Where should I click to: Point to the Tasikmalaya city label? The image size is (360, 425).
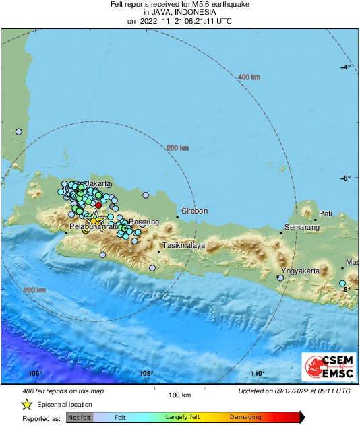pos(183,246)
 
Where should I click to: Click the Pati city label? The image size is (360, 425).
pos(326,213)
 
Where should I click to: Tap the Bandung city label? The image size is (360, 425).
pos(144,222)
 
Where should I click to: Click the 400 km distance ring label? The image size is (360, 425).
pos(249,77)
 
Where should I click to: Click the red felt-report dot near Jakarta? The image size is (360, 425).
pos(98,205)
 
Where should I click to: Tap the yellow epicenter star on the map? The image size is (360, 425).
pos(95,220)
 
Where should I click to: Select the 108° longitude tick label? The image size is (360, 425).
pos(146,374)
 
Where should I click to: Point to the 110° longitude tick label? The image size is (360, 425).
pos(257,374)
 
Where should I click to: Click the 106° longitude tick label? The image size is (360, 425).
pos(36,374)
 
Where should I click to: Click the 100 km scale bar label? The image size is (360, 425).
pos(179,395)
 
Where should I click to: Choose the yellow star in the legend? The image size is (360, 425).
pos(26,404)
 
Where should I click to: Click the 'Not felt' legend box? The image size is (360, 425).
pos(79,418)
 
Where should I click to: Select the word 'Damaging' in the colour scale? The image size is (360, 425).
pos(247,418)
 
